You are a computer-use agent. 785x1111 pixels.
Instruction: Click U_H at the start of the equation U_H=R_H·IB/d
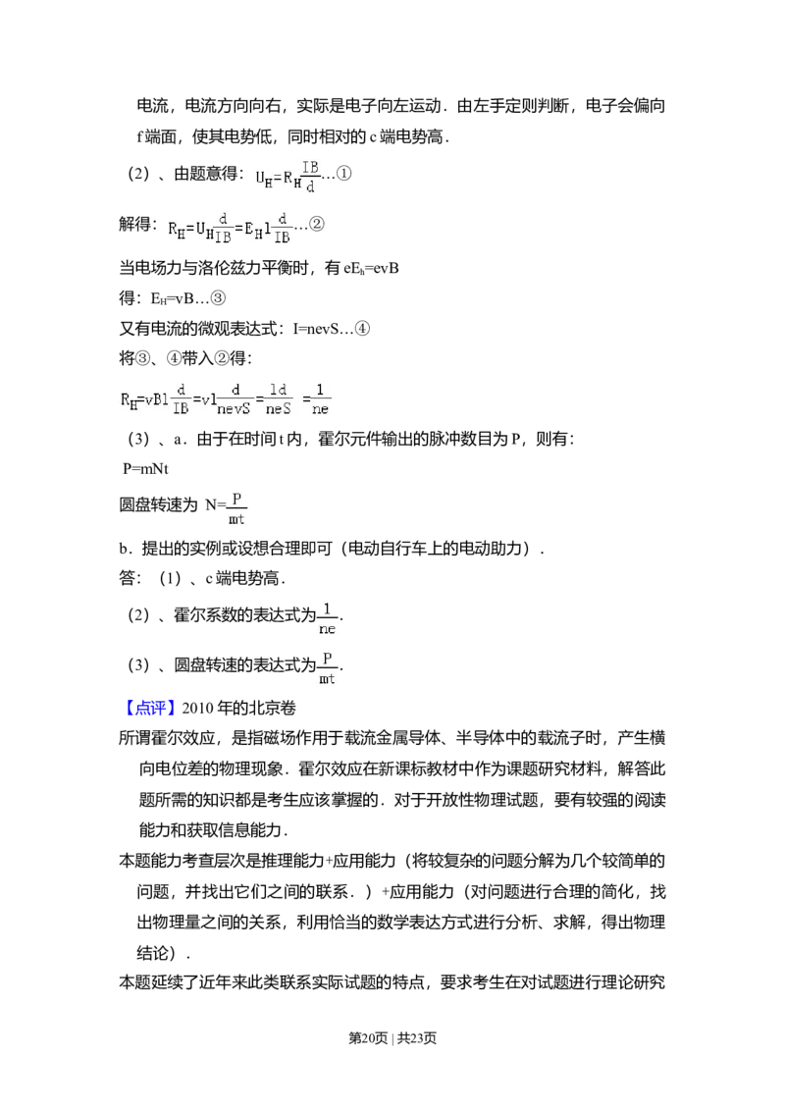click(263, 179)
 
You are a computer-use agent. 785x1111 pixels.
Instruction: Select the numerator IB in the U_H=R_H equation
click(310, 168)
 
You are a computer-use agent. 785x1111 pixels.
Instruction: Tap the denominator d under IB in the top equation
click(310, 186)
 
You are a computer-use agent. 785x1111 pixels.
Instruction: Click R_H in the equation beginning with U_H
click(291, 179)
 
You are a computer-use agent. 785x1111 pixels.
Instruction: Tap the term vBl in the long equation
click(156, 398)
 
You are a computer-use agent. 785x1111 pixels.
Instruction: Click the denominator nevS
click(234, 408)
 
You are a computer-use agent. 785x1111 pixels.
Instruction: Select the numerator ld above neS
click(280, 390)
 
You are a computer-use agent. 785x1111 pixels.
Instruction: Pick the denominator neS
click(280, 408)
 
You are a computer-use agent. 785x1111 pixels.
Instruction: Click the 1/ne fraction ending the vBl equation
click(321, 398)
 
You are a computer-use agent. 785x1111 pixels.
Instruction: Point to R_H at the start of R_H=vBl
click(130, 398)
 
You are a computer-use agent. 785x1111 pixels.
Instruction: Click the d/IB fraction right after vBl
click(181, 398)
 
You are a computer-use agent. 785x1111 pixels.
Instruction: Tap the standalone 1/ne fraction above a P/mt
click(328, 617)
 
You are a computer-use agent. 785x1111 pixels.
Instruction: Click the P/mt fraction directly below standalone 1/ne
click(328, 668)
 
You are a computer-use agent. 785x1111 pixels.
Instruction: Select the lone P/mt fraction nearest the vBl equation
click(236, 507)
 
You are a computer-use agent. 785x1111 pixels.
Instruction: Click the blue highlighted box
click(151, 710)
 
